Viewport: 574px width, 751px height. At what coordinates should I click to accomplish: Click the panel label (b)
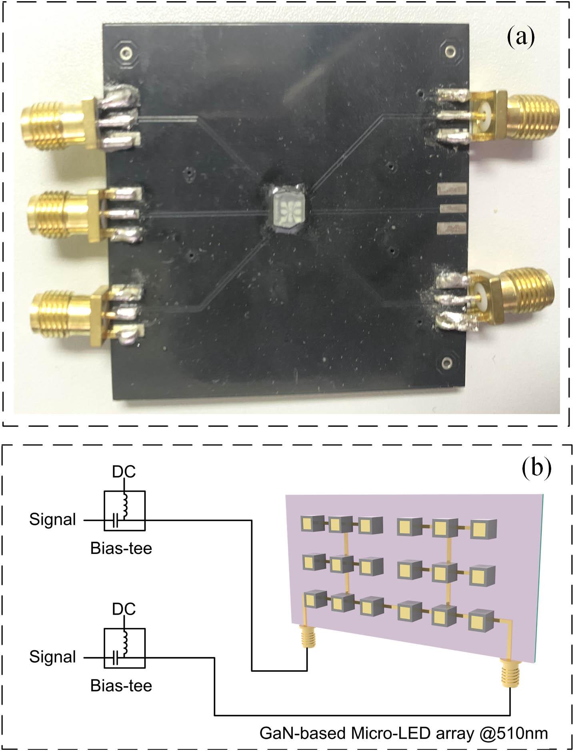click(x=536, y=467)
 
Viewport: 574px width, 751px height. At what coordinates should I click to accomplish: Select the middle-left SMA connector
click(x=60, y=214)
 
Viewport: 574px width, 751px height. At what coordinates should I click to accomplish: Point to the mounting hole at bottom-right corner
click(x=448, y=363)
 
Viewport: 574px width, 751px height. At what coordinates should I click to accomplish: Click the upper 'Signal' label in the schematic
click(x=52, y=520)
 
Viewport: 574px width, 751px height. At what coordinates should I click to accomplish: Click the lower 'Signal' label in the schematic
click(x=52, y=657)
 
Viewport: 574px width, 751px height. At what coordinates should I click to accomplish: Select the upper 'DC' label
click(x=124, y=472)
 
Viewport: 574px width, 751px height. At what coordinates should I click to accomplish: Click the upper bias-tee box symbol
click(x=124, y=511)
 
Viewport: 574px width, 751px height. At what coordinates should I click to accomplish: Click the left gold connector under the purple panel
click(x=307, y=635)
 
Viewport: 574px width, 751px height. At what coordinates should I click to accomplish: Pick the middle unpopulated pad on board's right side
click(x=452, y=208)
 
